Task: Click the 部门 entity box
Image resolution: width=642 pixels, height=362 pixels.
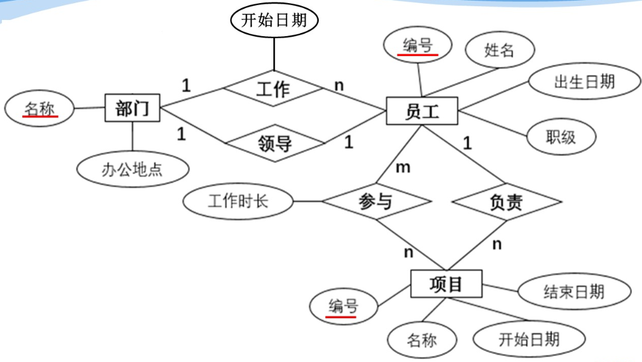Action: (132, 109)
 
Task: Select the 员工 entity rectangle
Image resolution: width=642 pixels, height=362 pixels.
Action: (422, 112)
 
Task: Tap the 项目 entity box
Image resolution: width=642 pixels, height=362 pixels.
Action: (446, 285)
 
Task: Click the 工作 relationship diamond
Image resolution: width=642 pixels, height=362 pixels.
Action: (273, 88)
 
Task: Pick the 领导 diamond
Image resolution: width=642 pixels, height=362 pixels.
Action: (274, 144)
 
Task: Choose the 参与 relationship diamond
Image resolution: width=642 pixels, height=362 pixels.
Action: (376, 202)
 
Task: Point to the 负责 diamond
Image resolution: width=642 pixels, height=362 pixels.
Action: (506, 202)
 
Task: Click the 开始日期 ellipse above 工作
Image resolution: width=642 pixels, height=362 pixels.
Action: (274, 21)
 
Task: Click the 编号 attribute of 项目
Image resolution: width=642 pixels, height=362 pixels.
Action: (343, 306)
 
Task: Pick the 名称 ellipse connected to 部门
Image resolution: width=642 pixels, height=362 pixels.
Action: (39, 109)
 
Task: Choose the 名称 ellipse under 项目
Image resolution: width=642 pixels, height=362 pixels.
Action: (422, 341)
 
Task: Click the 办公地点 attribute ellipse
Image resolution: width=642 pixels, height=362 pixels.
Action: (132, 169)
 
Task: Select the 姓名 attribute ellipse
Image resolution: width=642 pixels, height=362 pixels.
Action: (499, 50)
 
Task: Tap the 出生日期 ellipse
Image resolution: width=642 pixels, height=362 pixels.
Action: (584, 82)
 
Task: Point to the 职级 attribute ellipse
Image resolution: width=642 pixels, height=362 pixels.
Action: (560, 137)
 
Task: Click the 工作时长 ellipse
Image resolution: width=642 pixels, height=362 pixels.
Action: (238, 201)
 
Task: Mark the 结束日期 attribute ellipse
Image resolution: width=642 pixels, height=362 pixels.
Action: (573, 291)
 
